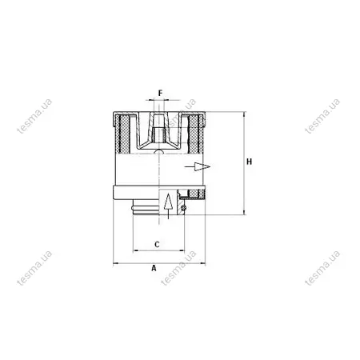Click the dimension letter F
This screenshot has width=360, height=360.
(x=160, y=94)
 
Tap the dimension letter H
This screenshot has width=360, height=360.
(x=249, y=162)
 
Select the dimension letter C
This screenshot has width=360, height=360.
(x=157, y=244)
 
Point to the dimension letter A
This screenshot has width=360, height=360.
(x=154, y=268)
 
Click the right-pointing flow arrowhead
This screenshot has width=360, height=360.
(x=202, y=166)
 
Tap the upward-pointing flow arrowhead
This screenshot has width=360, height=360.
(x=168, y=202)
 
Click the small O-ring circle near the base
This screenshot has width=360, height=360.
(x=183, y=208)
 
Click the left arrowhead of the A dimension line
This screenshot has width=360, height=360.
(x=116, y=264)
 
